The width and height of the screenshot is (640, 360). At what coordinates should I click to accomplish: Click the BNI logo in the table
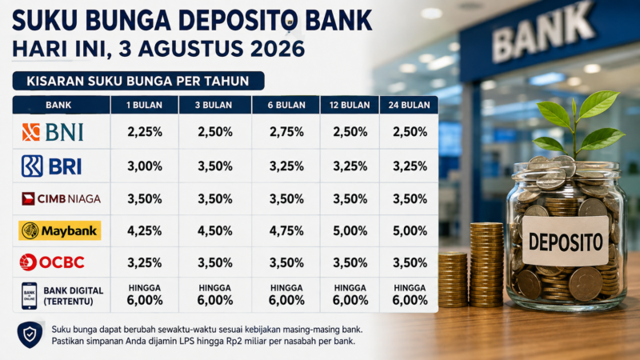(x=53, y=132)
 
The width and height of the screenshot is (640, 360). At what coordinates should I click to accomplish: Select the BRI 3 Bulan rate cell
(x=215, y=166)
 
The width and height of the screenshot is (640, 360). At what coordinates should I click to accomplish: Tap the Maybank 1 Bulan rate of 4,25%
(x=145, y=231)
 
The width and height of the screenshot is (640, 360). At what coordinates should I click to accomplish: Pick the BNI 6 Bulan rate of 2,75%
(x=286, y=132)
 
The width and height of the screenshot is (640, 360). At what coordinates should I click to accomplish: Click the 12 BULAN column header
(x=350, y=105)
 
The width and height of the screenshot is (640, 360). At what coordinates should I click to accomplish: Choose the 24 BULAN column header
(x=409, y=105)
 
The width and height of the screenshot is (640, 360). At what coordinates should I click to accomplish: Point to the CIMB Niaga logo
(x=62, y=198)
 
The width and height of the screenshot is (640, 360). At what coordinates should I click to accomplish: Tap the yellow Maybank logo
(x=59, y=230)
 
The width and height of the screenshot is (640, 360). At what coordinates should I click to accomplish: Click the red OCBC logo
(x=52, y=262)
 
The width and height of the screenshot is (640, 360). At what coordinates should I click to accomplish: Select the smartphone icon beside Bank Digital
(x=30, y=296)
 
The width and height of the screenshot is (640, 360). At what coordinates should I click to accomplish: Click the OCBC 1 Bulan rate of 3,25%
(x=145, y=262)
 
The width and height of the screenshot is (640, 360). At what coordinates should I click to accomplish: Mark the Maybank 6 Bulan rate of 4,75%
(x=286, y=231)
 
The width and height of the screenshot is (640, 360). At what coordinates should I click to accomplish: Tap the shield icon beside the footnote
(x=30, y=334)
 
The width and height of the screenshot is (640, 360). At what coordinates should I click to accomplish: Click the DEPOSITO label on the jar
(x=566, y=242)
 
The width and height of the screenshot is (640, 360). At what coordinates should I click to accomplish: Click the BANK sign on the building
(x=543, y=31)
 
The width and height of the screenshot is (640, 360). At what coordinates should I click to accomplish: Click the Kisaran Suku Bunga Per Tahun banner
(x=138, y=81)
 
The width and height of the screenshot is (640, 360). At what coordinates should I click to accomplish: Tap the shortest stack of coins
(x=453, y=279)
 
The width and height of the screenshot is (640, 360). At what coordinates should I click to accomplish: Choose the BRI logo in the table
(x=52, y=166)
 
